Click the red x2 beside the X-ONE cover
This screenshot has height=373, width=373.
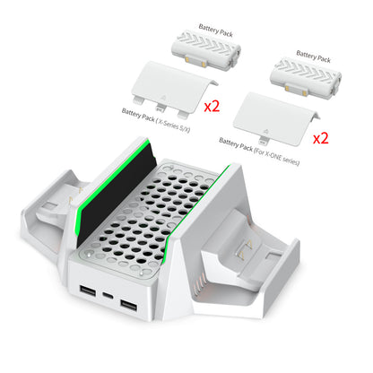(x=320, y=139)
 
